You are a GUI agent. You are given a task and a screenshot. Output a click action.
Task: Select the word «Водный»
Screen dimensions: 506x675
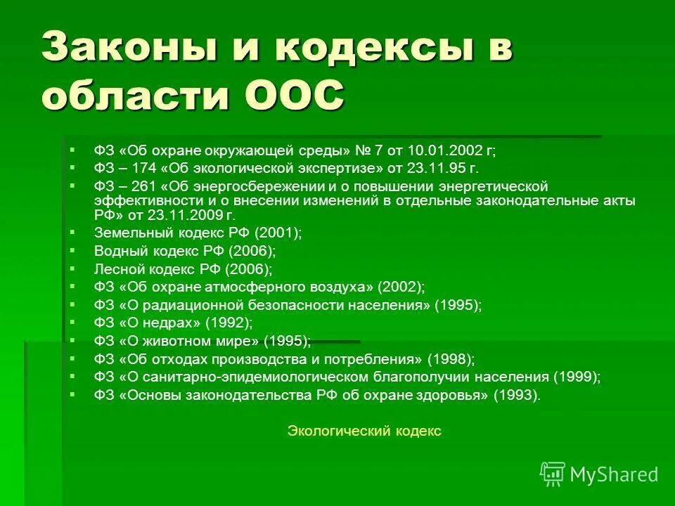click(117, 250)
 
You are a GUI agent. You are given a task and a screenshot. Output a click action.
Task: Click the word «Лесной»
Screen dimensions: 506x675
click(116, 268)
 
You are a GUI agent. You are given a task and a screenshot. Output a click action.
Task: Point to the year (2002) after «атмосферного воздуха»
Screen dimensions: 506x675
click(401, 287)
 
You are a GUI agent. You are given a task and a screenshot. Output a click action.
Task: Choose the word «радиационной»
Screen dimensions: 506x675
click(192, 305)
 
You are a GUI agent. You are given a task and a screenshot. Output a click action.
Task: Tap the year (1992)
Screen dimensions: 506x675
click(228, 323)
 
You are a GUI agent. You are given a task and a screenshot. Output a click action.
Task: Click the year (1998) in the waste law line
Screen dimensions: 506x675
click(451, 359)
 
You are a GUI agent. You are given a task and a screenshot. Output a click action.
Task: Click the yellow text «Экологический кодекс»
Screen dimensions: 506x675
click(364, 432)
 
